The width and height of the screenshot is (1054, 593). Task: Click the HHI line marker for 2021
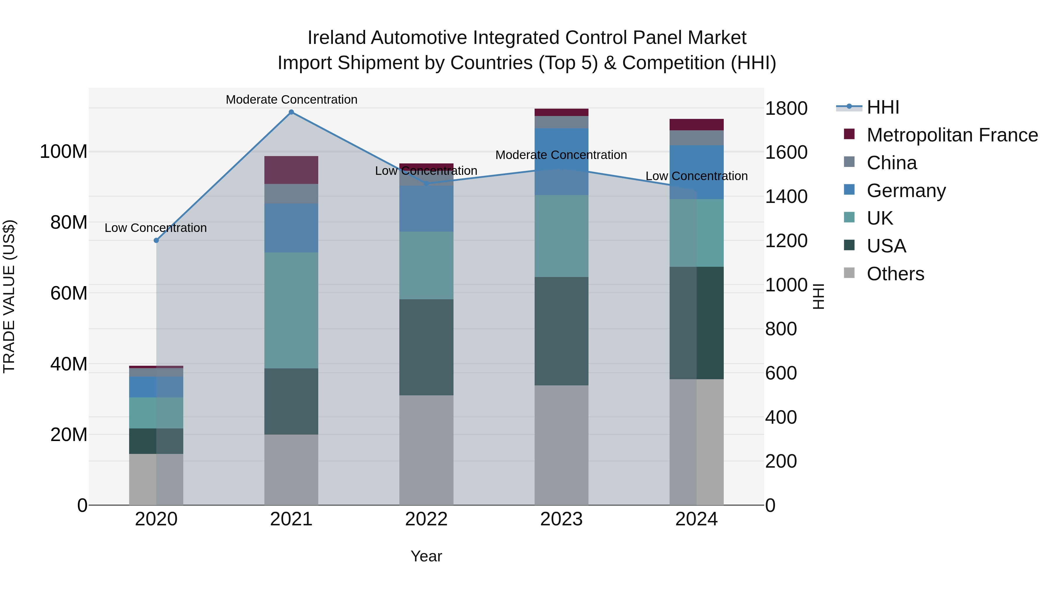(291, 112)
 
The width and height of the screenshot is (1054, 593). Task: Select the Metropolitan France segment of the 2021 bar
(291, 170)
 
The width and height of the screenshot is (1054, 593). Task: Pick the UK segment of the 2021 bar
(291, 310)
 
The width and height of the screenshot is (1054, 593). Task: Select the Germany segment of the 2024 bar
(697, 172)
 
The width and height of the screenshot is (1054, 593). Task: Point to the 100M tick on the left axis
(64, 152)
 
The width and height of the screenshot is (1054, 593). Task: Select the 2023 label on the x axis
(561, 519)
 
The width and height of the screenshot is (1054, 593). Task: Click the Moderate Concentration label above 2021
(291, 100)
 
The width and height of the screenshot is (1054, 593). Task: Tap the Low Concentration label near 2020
(155, 228)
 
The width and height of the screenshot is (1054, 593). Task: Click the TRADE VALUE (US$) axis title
(9, 296)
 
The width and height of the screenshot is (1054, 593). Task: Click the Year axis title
(426, 556)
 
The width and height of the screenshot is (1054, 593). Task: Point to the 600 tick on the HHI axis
(781, 373)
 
